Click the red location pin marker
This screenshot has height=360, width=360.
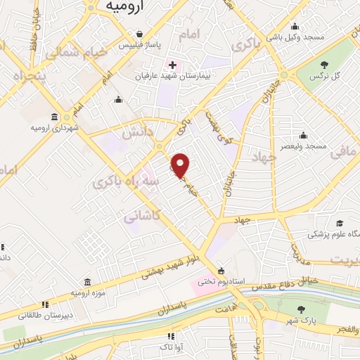(x=181, y=165)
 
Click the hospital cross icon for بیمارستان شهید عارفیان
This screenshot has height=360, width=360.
(x=172, y=65)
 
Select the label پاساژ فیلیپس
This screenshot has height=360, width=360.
(x=157, y=45)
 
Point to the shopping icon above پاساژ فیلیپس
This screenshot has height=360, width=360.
(x=141, y=34)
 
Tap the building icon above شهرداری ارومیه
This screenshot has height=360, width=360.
(x=54, y=117)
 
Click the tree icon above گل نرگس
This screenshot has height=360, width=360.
(x=333, y=65)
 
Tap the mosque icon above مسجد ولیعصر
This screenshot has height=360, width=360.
(x=303, y=135)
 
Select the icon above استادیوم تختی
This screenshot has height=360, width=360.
(x=221, y=271)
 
